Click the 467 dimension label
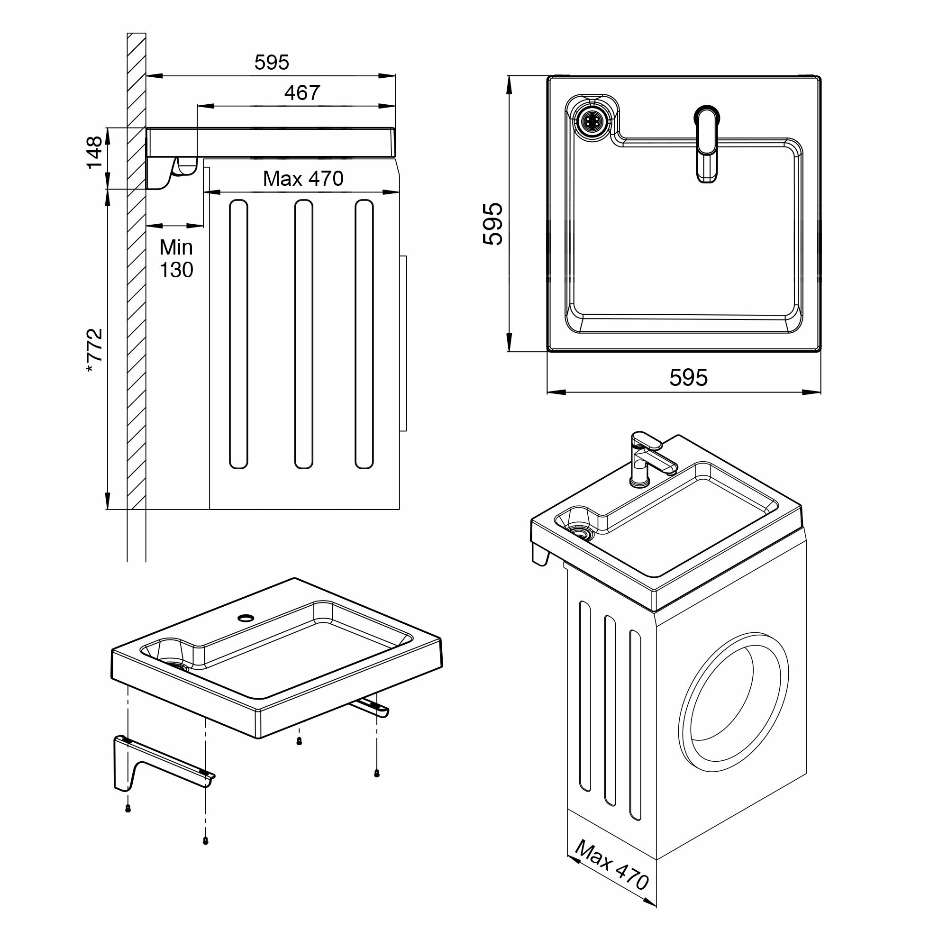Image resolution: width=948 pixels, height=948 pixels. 302,93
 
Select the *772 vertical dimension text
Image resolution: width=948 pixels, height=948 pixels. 94,351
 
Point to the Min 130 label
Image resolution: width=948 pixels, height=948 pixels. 176,259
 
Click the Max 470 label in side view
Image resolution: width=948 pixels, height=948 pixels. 303,179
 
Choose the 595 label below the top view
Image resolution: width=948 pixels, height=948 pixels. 688,377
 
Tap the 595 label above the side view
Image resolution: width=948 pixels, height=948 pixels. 272,62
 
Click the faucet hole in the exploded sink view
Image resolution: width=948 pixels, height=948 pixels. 245,617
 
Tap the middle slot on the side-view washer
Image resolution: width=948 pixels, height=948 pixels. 303,334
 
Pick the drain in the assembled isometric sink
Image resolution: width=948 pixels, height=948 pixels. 581,534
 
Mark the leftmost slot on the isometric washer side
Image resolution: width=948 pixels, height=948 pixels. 584,696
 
